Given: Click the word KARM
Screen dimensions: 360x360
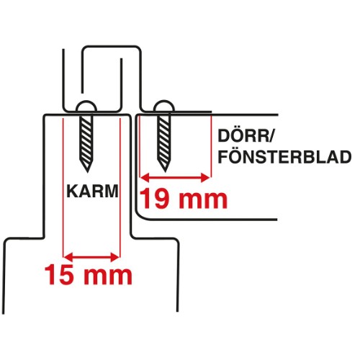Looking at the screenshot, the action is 93,191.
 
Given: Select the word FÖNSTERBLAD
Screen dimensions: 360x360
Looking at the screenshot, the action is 284,157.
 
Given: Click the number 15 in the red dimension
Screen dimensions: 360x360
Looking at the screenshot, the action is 59,274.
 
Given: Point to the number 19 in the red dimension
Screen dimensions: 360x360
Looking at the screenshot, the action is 155,198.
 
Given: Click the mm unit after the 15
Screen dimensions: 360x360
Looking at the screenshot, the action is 108,276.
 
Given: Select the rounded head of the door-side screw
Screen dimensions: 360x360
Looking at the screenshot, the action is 164,107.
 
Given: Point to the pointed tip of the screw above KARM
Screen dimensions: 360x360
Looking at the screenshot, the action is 86,171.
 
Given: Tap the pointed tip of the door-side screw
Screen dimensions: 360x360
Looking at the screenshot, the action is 165,171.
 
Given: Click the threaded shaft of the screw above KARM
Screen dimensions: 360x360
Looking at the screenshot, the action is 86,139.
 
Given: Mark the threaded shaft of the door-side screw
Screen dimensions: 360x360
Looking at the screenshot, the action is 164,139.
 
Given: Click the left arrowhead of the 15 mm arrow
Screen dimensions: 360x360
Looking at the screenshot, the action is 68,257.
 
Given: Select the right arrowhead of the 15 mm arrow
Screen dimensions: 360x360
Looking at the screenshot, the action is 114,257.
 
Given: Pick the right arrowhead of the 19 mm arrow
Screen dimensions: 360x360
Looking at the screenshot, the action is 206,178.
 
